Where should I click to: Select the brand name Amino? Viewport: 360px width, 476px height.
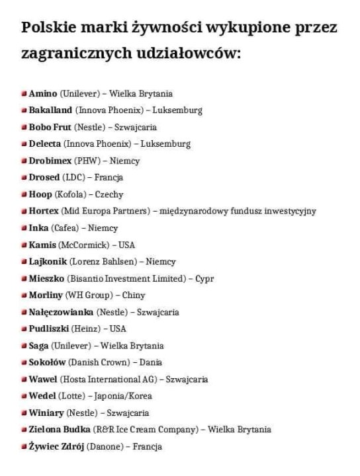[x=43, y=94]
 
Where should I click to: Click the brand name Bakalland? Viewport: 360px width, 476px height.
[x=50, y=110]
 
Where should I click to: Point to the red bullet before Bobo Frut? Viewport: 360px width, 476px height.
[x=24, y=127]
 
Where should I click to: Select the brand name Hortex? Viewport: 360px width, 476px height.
[x=44, y=211]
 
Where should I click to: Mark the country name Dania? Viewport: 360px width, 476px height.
[x=151, y=362]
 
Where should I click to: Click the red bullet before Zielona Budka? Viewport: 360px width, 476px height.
[x=24, y=430]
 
